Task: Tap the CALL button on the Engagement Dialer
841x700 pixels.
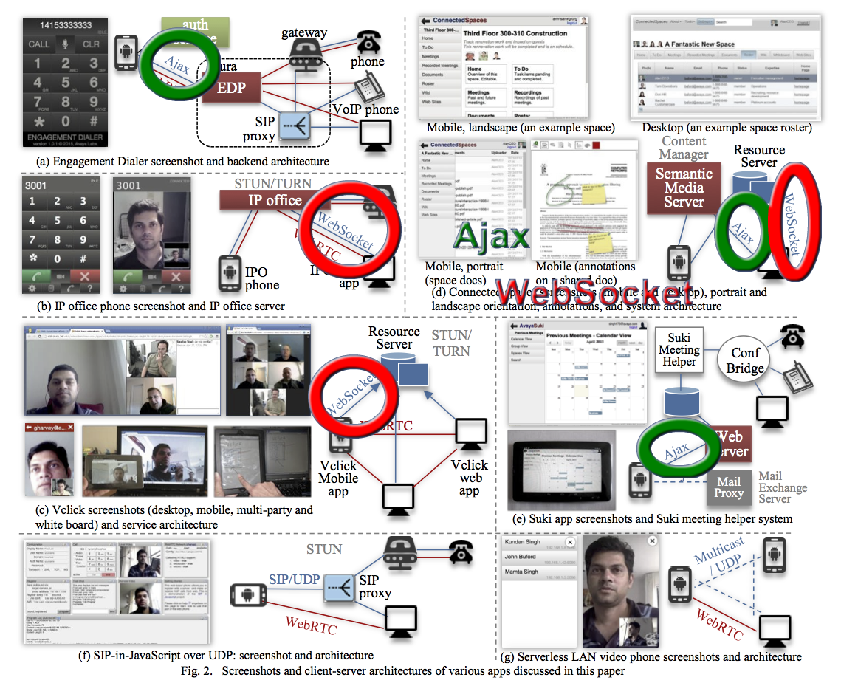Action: (39, 44)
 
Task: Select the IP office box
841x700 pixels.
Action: (264, 200)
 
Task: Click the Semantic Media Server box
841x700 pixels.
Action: (683, 186)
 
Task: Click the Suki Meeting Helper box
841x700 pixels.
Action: (679, 350)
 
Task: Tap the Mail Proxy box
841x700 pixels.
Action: (728, 488)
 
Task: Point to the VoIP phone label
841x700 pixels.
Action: (365, 109)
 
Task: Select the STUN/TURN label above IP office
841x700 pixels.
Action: (272, 183)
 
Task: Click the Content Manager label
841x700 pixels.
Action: (684, 148)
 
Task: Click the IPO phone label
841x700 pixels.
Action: (261, 278)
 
